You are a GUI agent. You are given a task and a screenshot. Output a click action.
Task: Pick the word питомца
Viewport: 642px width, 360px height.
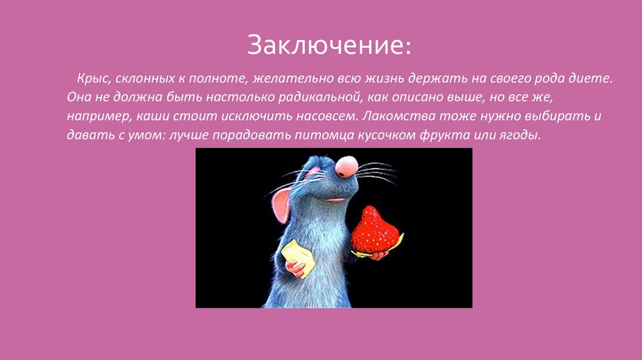(325, 136)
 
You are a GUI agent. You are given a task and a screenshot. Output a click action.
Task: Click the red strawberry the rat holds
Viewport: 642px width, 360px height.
(374, 231)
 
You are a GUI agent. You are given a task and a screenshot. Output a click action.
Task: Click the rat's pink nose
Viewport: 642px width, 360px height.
(346, 166)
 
